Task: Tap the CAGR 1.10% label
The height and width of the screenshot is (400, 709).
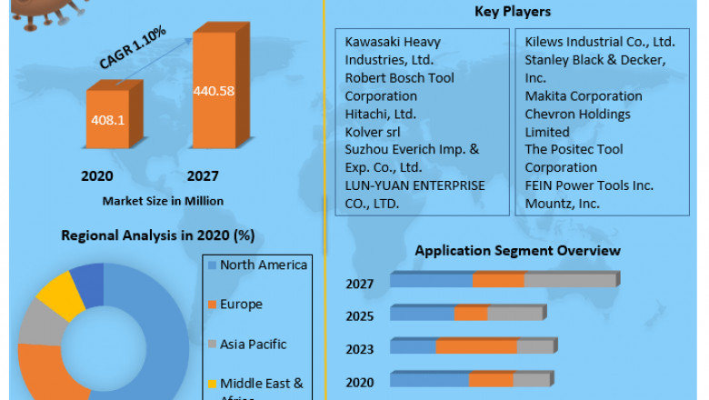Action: pyautogui.click(x=132, y=50)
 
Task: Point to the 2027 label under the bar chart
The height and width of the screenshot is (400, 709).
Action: pyautogui.click(x=203, y=175)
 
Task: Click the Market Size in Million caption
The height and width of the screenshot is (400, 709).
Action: pyautogui.click(x=163, y=200)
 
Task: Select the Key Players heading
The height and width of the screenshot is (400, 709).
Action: pyautogui.click(x=513, y=12)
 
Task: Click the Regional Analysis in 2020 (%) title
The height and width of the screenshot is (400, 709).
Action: pyautogui.click(x=157, y=235)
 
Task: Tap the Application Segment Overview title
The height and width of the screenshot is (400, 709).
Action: pyautogui.click(x=517, y=250)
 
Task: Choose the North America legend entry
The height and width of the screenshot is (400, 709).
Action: pyautogui.click(x=264, y=265)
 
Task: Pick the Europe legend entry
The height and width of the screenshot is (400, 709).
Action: pyautogui.click(x=241, y=305)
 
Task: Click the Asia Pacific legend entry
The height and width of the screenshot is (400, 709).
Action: pyautogui.click(x=253, y=345)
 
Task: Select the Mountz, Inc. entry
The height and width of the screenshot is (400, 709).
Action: pyautogui.click(x=562, y=203)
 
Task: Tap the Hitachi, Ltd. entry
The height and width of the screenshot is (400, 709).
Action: pyautogui.click(x=380, y=114)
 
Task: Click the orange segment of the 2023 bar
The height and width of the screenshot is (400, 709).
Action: pyautogui.click(x=476, y=346)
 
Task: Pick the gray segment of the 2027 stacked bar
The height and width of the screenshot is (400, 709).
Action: pyautogui.click(x=570, y=280)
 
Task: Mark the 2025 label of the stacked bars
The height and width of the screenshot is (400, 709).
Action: pyautogui.click(x=359, y=316)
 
